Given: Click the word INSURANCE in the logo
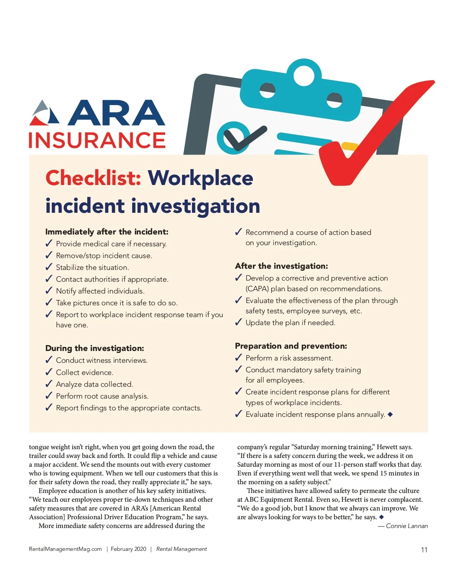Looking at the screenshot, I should (97, 140).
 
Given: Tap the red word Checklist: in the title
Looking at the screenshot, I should (93, 178).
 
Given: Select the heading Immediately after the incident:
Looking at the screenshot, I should (107, 232).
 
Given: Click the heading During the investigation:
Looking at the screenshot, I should (94, 348).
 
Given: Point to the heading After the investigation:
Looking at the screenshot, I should (281, 266).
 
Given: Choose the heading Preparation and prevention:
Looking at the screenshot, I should (291, 346).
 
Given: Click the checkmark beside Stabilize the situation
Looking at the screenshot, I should (49, 267).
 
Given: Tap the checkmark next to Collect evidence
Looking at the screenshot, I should (49, 372).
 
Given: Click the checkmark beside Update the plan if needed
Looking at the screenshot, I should (238, 322).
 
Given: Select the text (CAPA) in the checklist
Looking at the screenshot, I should (257, 289).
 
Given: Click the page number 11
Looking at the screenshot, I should (424, 550).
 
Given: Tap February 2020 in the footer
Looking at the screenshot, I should (128, 549).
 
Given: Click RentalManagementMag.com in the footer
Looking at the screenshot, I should (66, 549).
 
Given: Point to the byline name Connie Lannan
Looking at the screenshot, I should (407, 526).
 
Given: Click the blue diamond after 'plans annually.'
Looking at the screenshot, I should (390, 414).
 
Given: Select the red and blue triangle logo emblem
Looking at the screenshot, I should (45, 113).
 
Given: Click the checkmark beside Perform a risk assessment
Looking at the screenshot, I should (238, 358).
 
